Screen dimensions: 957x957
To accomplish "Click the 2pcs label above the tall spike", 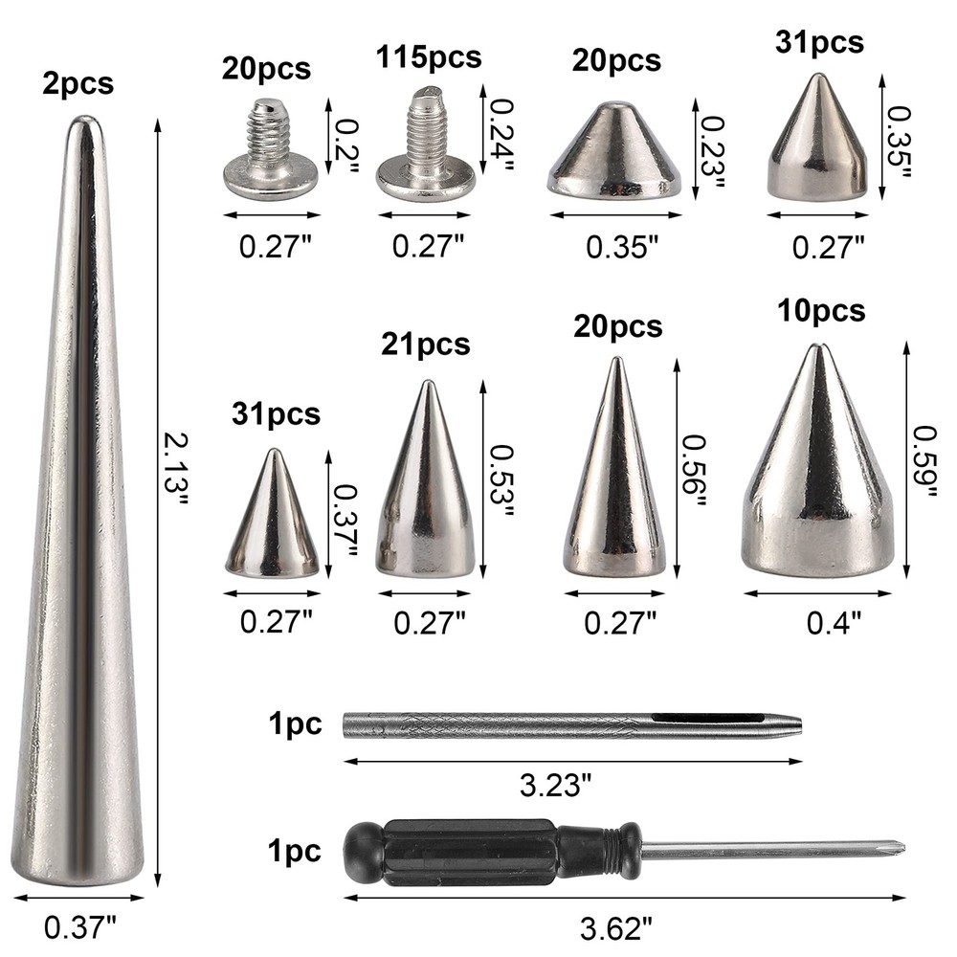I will point(78,83).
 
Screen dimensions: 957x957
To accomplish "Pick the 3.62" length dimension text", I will point(617,926).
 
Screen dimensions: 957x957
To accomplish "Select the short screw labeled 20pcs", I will point(270,152).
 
